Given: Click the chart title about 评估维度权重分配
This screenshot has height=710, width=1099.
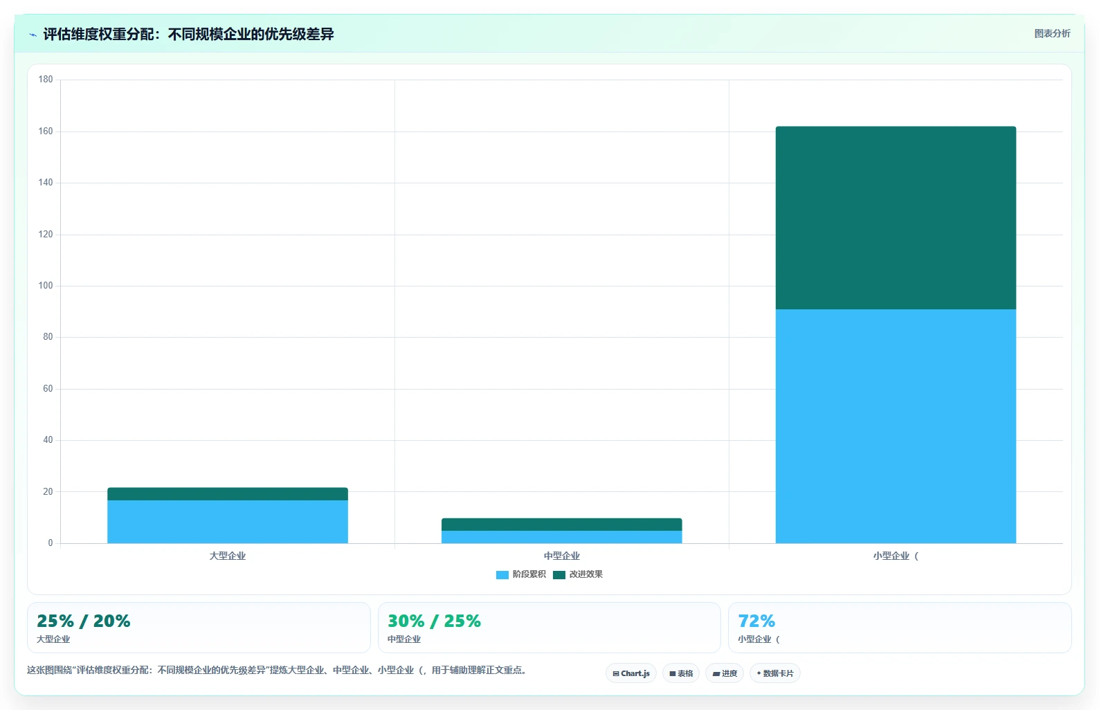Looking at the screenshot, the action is pos(188,34).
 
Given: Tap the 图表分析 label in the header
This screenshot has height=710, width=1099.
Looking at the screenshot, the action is pos(1052,33).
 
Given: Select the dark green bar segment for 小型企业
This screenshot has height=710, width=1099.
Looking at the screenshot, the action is pos(896,218).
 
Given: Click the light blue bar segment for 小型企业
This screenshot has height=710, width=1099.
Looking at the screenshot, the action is pos(896,426).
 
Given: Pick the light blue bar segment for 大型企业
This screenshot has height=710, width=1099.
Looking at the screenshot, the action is pos(228,522).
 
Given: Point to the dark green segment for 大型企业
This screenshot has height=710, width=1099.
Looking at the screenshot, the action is pos(228,493).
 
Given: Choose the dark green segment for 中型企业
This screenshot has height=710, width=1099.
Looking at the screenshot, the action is pos(561,524).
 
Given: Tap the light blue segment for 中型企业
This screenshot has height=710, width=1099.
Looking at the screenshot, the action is pos(561,537).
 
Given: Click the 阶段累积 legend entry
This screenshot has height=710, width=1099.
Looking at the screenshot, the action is pos(521,574).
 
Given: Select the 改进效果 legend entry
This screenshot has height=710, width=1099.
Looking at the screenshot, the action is pos(577,574).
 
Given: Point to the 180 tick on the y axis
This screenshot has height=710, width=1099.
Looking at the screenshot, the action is pos(46,79).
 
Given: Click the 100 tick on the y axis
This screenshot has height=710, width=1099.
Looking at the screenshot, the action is pos(46,286).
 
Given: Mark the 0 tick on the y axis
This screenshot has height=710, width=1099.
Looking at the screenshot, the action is pos(51,543).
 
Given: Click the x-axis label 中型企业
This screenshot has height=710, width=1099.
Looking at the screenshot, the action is pos(561,556).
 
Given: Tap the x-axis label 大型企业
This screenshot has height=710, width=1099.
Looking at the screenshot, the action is pos(228,556).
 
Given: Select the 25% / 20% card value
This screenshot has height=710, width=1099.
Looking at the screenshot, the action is pos(84,621).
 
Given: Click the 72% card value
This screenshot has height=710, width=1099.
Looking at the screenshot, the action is pos(756,621).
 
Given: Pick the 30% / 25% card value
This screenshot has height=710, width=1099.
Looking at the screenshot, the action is pos(434,621).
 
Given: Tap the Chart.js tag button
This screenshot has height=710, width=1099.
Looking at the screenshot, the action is pos(631,673).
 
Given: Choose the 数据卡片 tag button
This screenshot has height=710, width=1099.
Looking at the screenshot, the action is pos(774,673).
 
